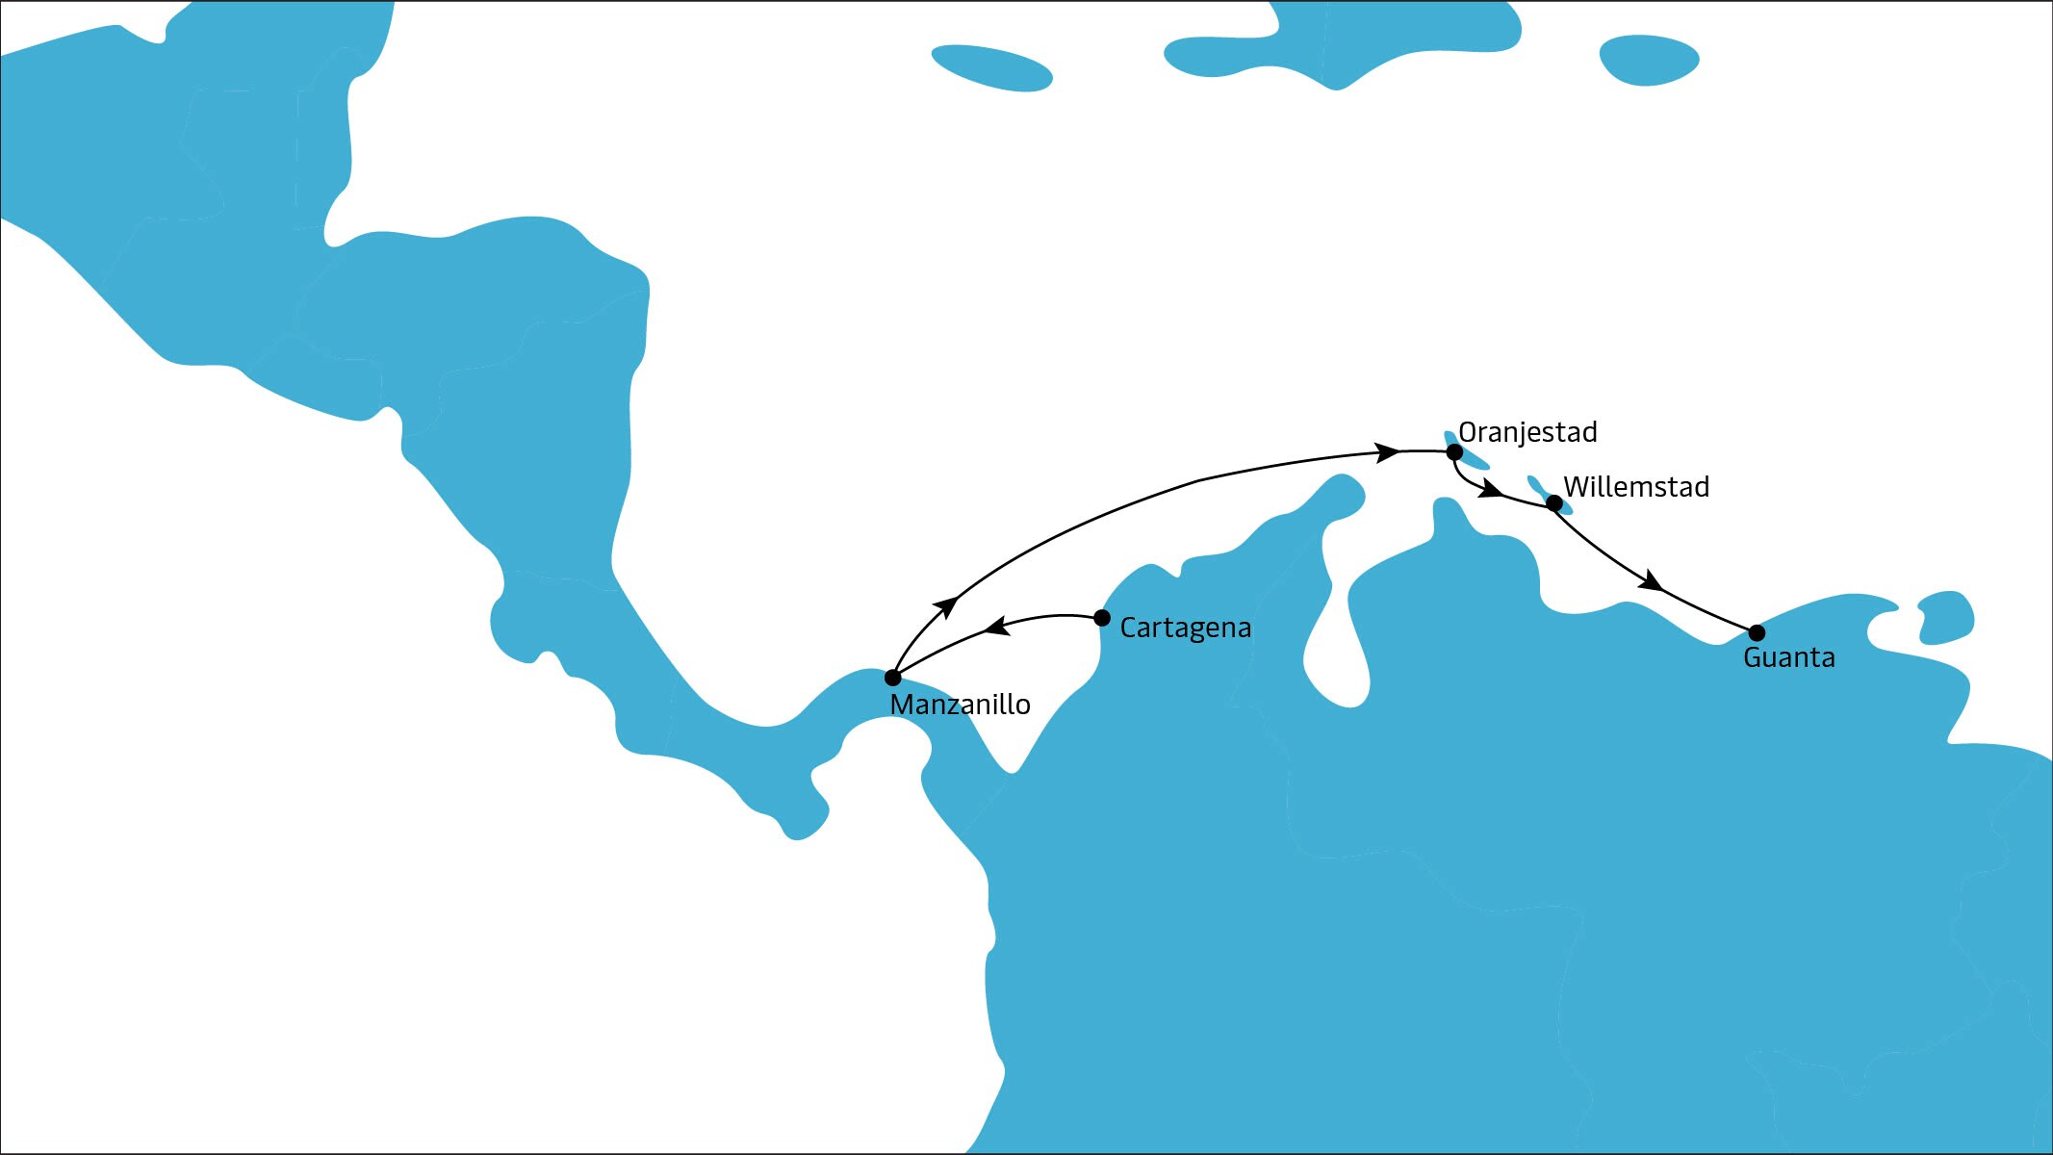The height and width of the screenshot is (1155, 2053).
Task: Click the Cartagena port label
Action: coord(1185,629)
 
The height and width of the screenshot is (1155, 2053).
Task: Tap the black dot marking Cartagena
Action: coord(1102,618)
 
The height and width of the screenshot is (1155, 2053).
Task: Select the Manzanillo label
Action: coord(960,706)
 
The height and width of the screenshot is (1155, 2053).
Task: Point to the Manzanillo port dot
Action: coord(892,678)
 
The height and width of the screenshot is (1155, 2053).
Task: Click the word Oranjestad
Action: coord(1527,432)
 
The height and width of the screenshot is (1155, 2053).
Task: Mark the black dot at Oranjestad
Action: coord(1454,452)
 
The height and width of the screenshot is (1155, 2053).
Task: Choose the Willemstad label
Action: coord(1636,487)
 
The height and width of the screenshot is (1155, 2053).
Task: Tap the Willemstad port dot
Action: coord(1553,502)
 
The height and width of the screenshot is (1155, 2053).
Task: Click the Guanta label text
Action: coord(1788,658)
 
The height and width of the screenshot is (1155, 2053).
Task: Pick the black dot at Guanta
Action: coord(1757,632)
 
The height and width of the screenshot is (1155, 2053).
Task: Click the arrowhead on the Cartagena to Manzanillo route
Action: coord(996,629)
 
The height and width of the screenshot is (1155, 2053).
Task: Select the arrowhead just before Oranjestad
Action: coord(1387,451)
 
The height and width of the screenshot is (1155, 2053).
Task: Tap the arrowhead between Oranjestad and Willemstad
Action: coord(1490,489)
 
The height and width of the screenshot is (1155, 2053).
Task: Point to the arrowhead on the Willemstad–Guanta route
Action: coord(1651,580)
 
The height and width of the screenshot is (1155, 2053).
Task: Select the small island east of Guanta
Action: coord(1946,617)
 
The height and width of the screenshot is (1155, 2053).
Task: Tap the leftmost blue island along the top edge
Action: coord(991,68)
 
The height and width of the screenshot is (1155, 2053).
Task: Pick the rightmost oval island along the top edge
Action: coord(1649,60)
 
